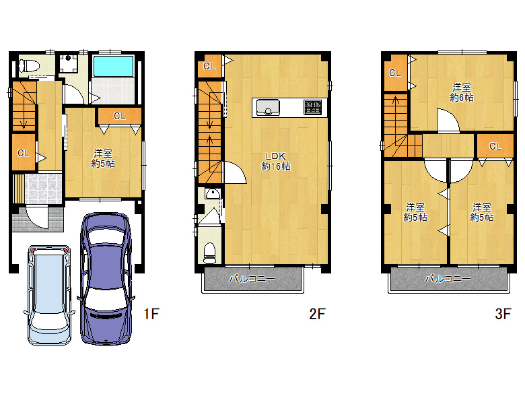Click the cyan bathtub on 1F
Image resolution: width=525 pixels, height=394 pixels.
tap(113, 66)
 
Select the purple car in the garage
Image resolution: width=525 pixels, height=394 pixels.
tap(106, 279)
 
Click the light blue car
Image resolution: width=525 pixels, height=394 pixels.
tap(50, 296)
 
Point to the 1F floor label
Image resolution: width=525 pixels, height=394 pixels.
tap(151, 314)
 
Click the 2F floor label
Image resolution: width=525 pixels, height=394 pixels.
tap(317, 314)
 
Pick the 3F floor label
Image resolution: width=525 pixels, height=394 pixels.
tap(503, 314)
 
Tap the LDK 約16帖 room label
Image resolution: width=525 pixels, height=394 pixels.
tap(275, 161)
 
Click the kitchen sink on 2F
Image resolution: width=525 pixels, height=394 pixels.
tap(268, 108)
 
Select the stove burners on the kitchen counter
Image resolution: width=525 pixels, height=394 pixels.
tap(313, 107)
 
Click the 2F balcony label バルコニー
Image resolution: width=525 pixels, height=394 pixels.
tap(252, 279)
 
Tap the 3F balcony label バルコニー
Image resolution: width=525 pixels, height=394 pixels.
tap(448, 279)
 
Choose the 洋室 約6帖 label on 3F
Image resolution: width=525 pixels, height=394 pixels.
tap(462, 92)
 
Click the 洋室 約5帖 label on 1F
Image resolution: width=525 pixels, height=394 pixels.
tap(103, 158)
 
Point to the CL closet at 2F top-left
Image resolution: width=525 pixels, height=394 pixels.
tap(209, 66)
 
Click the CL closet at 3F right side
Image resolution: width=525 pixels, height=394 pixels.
tap(495, 146)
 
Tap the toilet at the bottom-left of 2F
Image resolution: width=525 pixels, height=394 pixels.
tap(210, 253)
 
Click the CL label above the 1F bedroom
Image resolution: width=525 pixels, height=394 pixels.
tap(120, 116)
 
